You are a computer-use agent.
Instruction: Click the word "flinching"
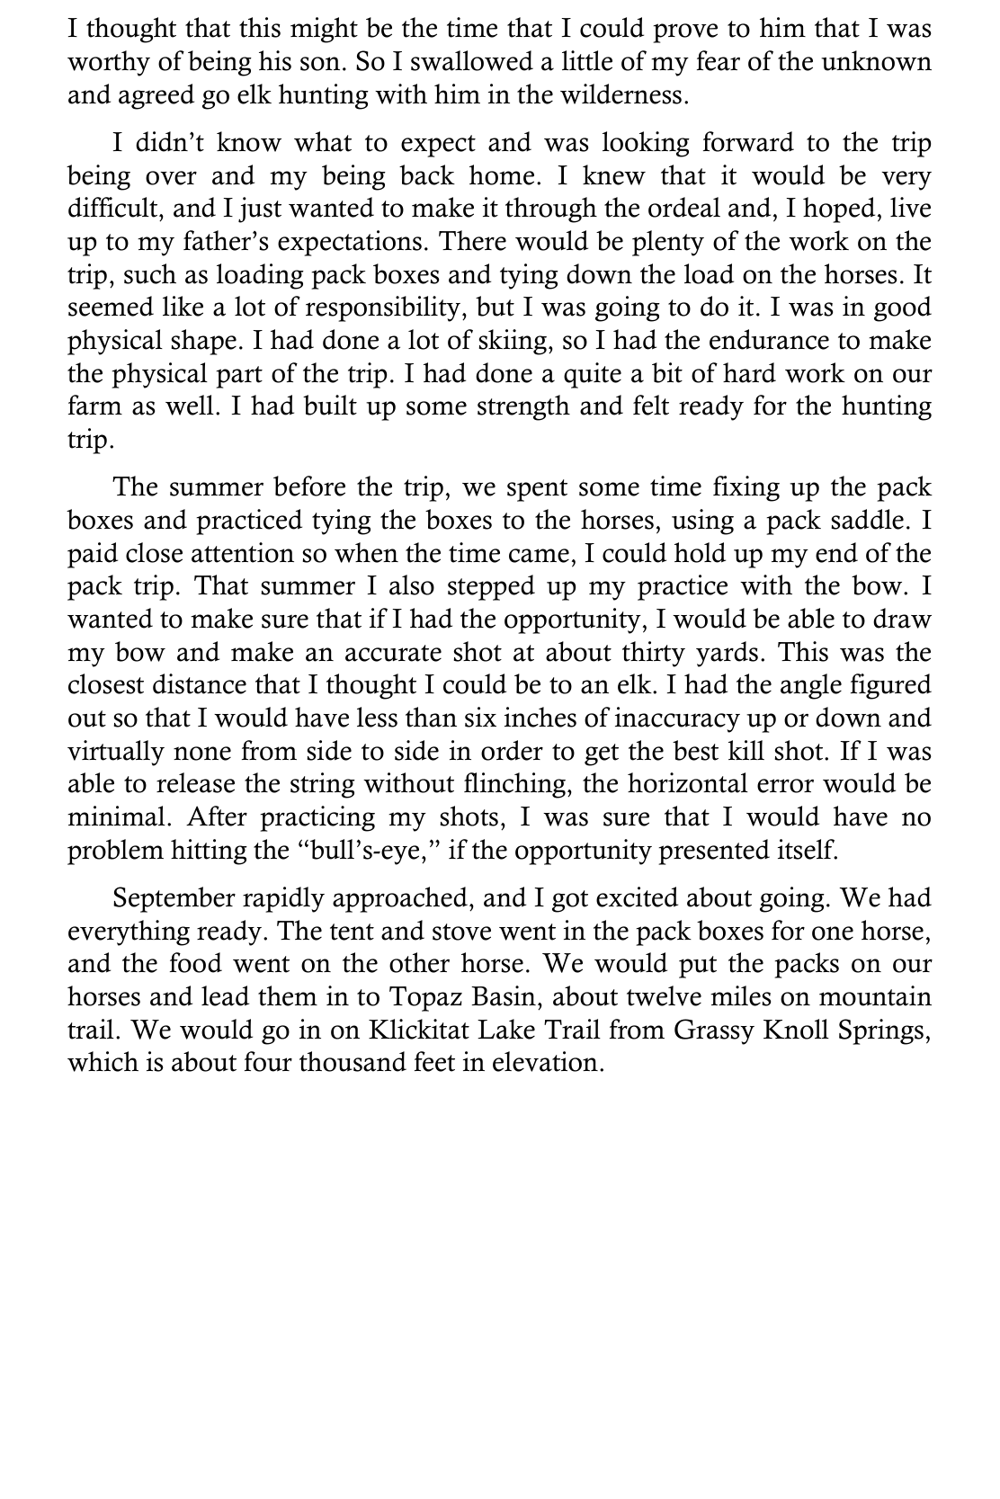coord(513,784)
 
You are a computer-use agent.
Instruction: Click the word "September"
coord(176,898)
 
